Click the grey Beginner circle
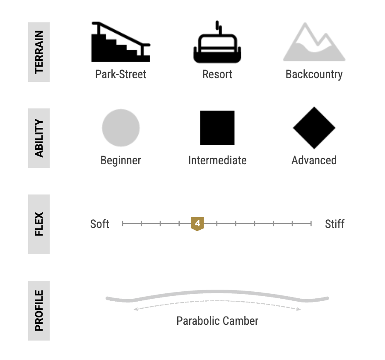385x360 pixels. pyautogui.click(x=121, y=128)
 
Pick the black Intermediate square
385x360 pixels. pyautogui.click(x=217, y=128)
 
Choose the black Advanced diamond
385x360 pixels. pyautogui.click(x=314, y=128)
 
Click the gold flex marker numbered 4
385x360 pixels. pyautogui.click(x=197, y=224)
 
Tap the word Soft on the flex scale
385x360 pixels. pyautogui.click(x=100, y=224)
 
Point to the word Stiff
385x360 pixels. pyautogui.click(x=334, y=224)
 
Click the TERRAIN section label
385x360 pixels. pyautogui.click(x=39, y=52)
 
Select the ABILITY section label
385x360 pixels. pyautogui.click(x=39, y=138)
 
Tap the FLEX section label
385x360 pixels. pyautogui.click(x=39, y=224)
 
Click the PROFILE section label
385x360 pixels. pyautogui.click(x=39, y=311)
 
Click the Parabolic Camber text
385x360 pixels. pyautogui.click(x=217, y=321)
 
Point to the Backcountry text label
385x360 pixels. pyautogui.click(x=314, y=74)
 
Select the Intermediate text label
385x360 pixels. pyautogui.click(x=217, y=161)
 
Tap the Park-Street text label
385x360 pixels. pyautogui.click(x=121, y=74)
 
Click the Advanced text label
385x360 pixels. pyautogui.click(x=314, y=161)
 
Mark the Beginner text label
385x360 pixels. pyautogui.click(x=121, y=161)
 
